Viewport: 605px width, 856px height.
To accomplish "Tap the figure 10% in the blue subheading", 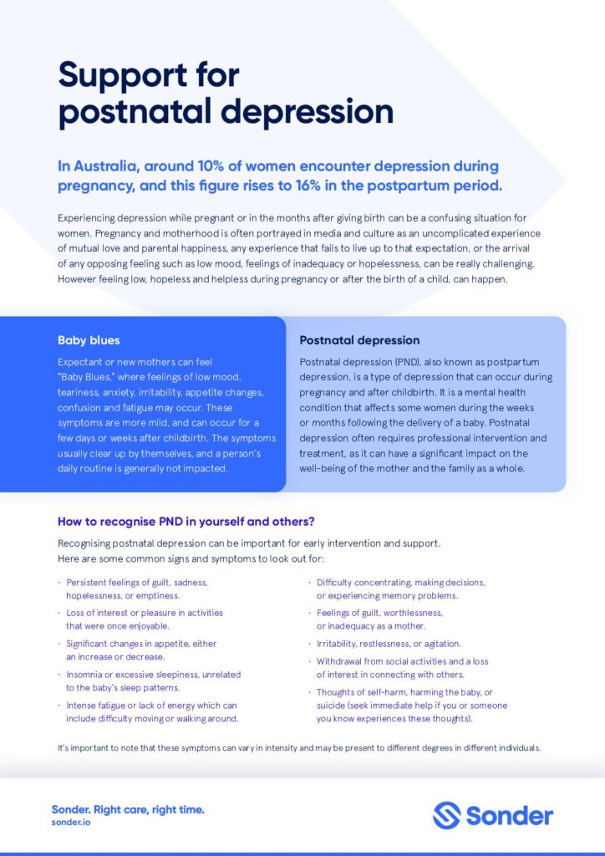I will click(214, 166).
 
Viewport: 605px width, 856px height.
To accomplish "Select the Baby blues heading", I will click(89, 340).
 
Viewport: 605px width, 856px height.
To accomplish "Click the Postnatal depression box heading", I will click(359, 340).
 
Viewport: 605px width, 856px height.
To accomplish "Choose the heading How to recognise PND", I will click(186, 522).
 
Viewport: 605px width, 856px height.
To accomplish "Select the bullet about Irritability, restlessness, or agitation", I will click(389, 644).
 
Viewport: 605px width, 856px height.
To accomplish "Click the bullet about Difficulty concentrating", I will click(400, 588).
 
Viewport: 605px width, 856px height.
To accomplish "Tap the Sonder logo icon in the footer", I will click(446, 815).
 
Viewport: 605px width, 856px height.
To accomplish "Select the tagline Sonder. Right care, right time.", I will click(128, 809).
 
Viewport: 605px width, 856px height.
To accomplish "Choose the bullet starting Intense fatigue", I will click(152, 711).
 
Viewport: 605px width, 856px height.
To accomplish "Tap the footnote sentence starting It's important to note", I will click(299, 747).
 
